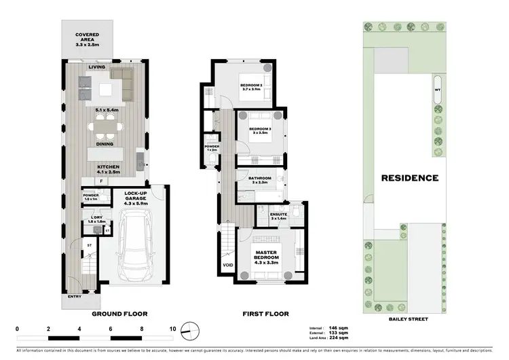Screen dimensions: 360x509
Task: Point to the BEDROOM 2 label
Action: [x=252, y=85]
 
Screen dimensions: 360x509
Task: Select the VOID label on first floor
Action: [x=227, y=266]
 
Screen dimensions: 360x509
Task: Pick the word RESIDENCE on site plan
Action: [x=409, y=179]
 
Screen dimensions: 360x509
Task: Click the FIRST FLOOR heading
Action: [x=265, y=314]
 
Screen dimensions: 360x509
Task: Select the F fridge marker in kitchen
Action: [x=100, y=181]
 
